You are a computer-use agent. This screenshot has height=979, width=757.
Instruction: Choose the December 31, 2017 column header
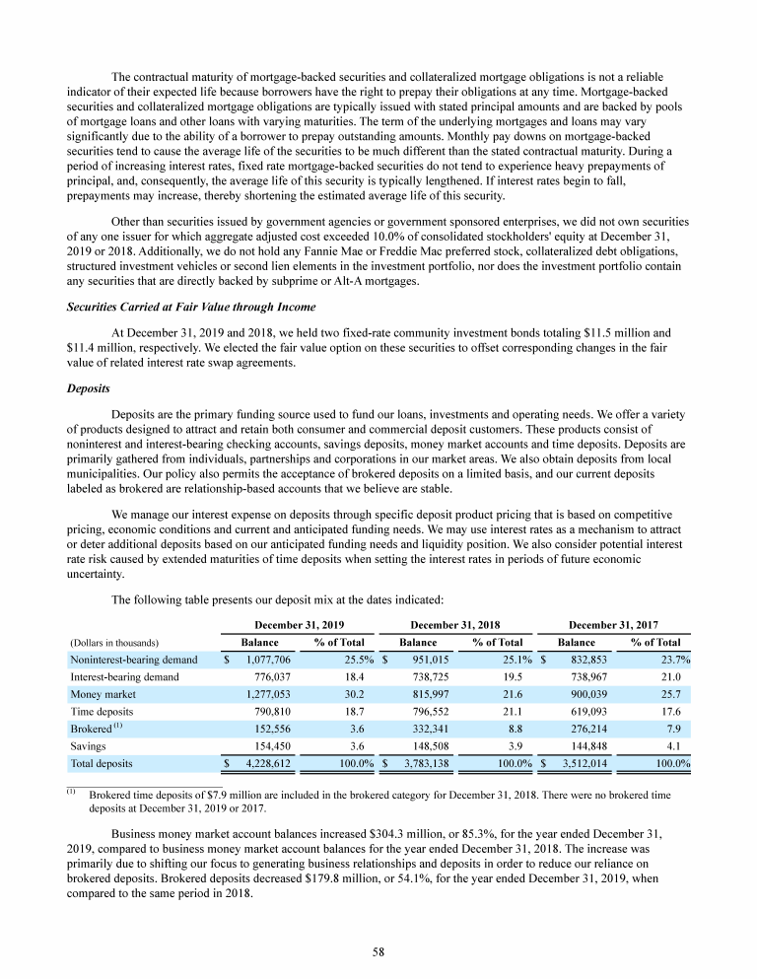click(614, 624)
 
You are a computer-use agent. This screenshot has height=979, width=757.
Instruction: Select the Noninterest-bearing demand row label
click(133, 660)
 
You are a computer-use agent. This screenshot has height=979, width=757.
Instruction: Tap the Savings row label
click(89, 745)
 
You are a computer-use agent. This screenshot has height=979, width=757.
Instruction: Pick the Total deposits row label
click(102, 763)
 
